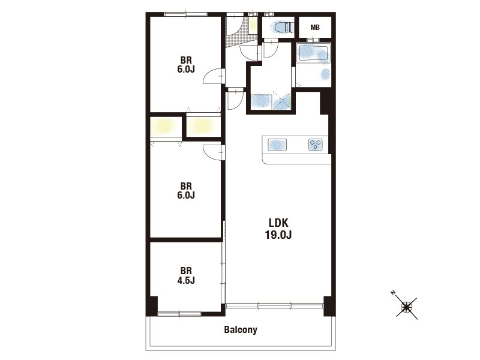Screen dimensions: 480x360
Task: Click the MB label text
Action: click(x=315, y=28)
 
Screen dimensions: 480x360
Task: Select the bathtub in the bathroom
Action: click(x=313, y=53)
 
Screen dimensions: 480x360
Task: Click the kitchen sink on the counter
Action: click(x=277, y=145)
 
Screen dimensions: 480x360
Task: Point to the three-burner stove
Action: click(x=316, y=145)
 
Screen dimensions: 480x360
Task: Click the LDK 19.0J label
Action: click(x=278, y=229)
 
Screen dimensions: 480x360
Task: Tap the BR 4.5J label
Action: click(x=186, y=275)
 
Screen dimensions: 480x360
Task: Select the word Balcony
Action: click(x=241, y=329)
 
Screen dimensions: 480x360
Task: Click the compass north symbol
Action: click(x=407, y=307)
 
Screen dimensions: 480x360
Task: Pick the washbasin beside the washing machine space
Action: click(x=262, y=101)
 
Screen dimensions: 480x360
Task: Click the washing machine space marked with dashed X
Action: click(x=281, y=100)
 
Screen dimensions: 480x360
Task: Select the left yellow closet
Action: click(x=166, y=126)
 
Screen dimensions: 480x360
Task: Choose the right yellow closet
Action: click(x=203, y=127)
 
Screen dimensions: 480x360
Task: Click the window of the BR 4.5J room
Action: click(x=179, y=314)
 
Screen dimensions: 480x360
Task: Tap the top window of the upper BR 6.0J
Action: click(x=186, y=14)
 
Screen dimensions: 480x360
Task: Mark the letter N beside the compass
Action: click(x=394, y=293)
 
